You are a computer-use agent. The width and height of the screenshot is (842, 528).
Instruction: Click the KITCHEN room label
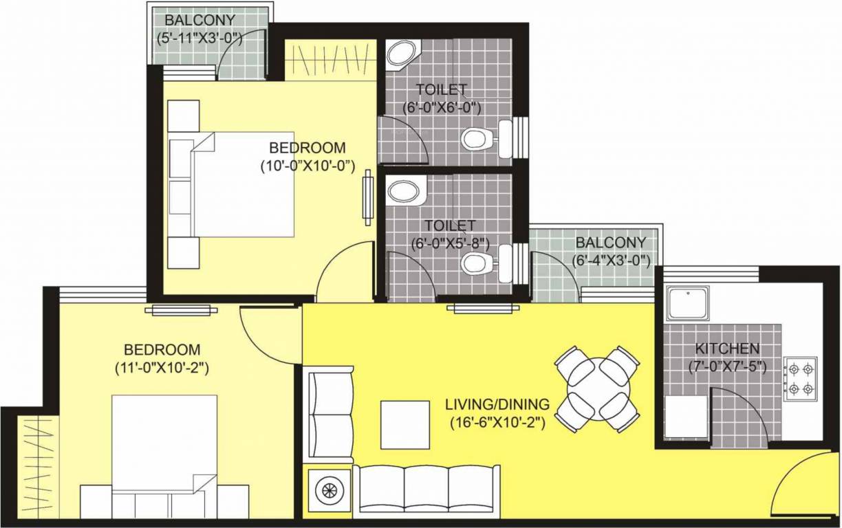[x=727, y=349]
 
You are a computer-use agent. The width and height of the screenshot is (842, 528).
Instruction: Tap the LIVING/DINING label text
[x=497, y=404]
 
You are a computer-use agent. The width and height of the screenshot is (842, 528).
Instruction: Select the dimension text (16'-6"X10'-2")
[x=497, y=423]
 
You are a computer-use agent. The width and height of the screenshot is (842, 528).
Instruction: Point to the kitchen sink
[x=688, y=304]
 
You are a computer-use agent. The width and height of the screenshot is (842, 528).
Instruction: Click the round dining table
[x=597, y=389]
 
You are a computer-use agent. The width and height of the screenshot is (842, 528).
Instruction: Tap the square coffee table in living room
[x=405, y=425]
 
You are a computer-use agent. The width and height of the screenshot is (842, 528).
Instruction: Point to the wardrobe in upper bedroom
[x=330, y=60]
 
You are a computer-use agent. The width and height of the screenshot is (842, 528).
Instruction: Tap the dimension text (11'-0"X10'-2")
[x=162, y=368]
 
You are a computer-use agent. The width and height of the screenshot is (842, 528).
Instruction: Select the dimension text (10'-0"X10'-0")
[x=306, y=166]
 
